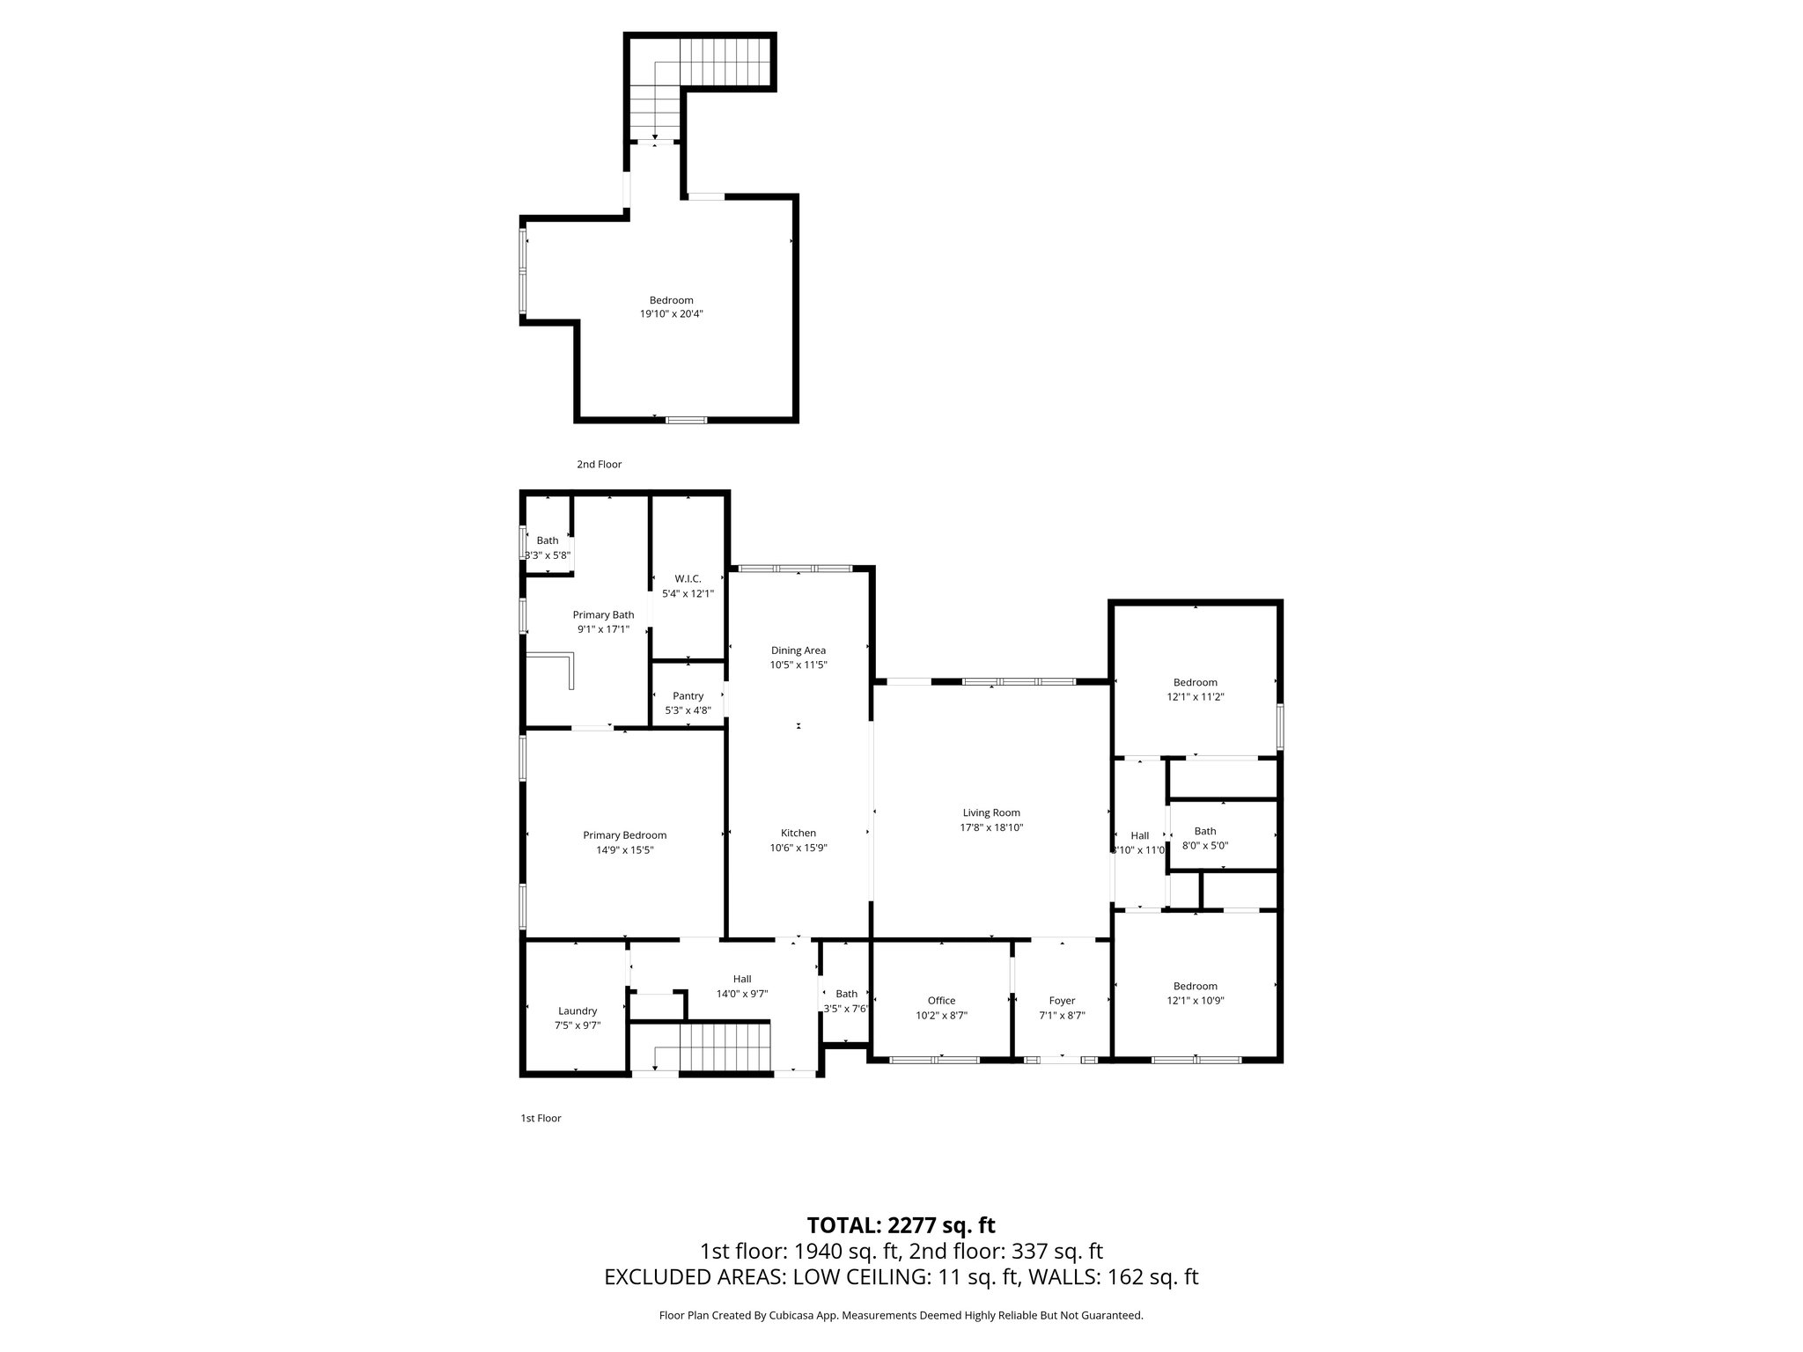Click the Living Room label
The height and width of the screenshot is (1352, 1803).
pyautogui.click(x=990, y=812)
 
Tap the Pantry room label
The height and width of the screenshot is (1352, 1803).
pyautogui.click(x=688, y=695)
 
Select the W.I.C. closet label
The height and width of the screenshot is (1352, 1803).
pyautogui.click(x=688, y=578)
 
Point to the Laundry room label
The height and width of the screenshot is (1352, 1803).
pyautogui.click(x=578, y=1010)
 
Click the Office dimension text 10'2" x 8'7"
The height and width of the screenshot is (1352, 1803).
pyautogui.click(x=941, y=1015)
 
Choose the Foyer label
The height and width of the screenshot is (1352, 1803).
pyautogui.click(x=1062, y=1000)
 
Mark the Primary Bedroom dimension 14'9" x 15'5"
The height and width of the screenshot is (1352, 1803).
pyautogui.click(x=624, y=849)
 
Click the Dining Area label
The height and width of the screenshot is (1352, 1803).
pyautogui.click(x=798, y=650)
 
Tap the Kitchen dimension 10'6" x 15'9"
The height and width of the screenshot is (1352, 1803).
pyautogui.click(x=798, y=848)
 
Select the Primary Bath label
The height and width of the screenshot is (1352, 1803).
pyautogui.click(x=603, y=614)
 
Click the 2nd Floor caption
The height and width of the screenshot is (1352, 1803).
pyautogui.click(x=599, y=464)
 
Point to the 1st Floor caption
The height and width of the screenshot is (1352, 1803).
pyautogui.click(x=541, y=1118)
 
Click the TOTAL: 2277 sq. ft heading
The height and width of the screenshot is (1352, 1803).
pyautogui.click(x=901, y=1225)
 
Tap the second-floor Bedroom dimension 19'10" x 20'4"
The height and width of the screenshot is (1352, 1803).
pyautogui.click(x=671, y=313)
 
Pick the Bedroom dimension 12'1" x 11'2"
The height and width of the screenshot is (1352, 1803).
pyautogui.click(x=1195, y=696)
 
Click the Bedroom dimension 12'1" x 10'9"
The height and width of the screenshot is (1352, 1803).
pyautogui.click(x=1195, y=1000)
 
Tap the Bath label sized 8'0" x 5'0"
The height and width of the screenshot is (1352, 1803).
pyautogui.click(x=1204, y=831)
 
